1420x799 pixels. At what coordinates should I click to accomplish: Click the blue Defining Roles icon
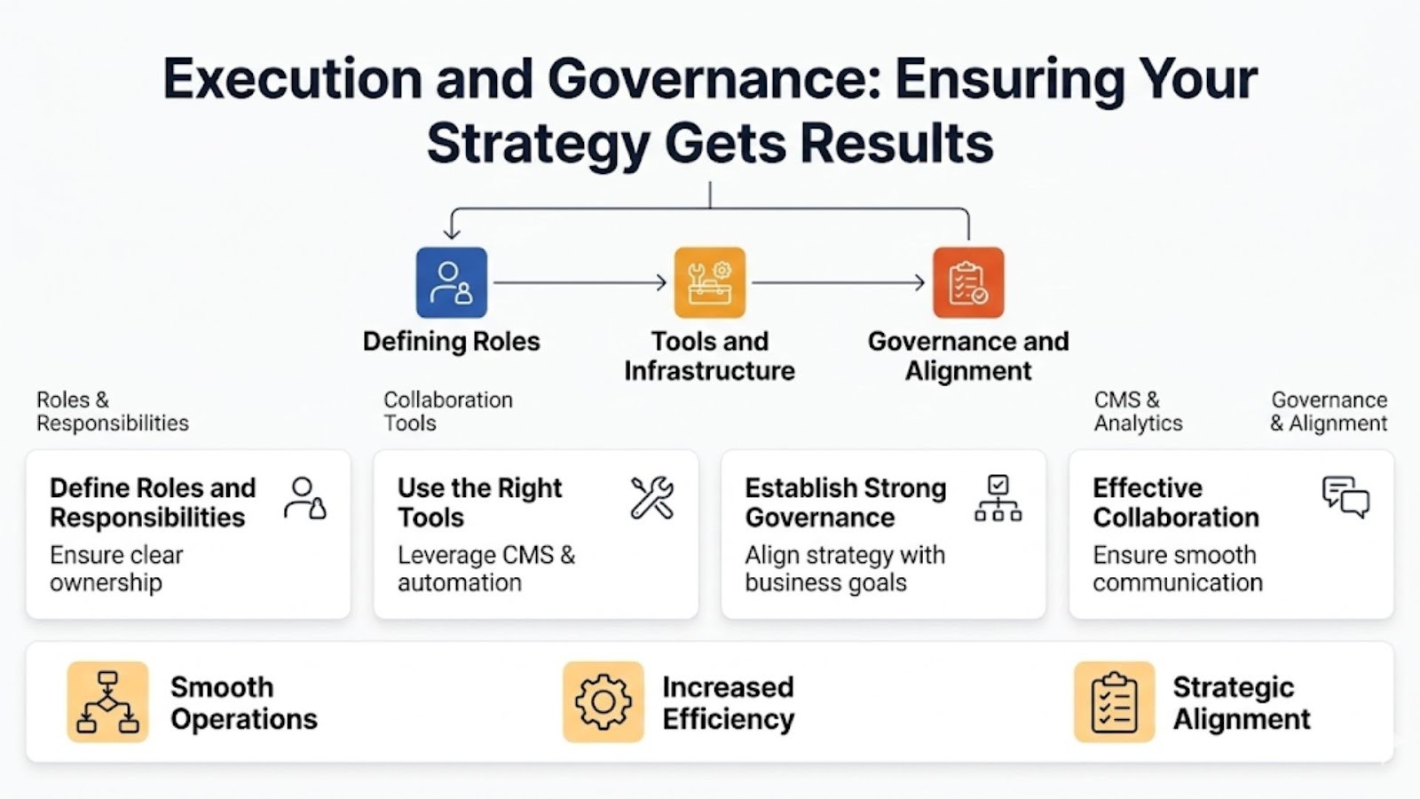(452, 282)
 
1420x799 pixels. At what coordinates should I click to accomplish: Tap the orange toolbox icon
(710, 282)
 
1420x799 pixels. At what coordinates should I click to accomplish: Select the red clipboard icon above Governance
(968, 282)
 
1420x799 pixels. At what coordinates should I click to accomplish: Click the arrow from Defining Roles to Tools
(580, 282)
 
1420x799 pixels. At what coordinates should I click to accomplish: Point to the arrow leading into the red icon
(839, 282)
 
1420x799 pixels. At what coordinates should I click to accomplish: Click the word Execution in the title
(293, 79)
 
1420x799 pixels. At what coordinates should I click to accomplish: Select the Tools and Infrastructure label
(710, 356)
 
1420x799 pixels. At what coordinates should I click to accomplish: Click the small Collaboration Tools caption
(448, 411)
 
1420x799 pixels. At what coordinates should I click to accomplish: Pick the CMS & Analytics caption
(1139, 411)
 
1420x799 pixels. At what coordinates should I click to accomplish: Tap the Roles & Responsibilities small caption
(112, 411)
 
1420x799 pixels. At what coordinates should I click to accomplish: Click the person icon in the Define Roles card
(305, 499)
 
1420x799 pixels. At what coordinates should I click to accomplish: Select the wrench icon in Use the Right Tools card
(652, 498)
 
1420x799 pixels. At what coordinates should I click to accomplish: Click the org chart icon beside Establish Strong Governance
(998, 498)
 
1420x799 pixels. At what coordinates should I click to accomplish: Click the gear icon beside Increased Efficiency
(603, 702)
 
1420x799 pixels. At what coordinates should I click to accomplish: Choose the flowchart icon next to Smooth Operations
(107, 702)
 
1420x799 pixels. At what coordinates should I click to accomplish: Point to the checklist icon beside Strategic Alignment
(1115, 702)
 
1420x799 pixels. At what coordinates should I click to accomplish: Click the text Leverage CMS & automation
(486, 569)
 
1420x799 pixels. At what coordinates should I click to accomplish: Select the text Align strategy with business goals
(845, 569)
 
